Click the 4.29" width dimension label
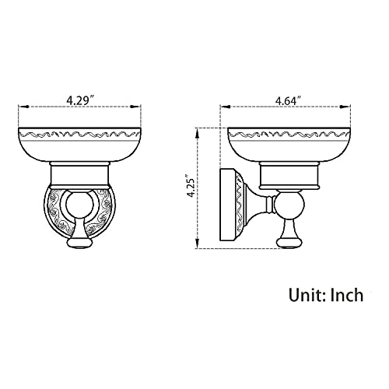[x=80, y=100]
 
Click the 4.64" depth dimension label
[x=288, y=100]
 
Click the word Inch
[x=347, y=295]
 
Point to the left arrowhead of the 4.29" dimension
[x=23, y=107]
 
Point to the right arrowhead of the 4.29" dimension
[x=136, y=107]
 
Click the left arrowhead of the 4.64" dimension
[x=225, y=107]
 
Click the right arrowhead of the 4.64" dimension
[x=345, y=107]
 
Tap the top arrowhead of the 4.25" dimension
[x=198, y=133]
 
